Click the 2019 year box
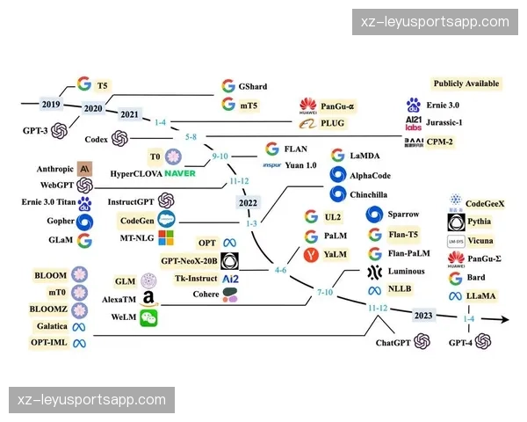click(x=50, y=103)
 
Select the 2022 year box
click(x=249, y=203)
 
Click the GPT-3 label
click(x=34, y=131)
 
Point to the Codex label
click(x=96, y=139)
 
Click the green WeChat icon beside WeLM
click(x=148, y=318)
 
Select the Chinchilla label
click(x=373, y=193)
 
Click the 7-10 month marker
click(x=325, y=291)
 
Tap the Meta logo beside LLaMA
click(x=456, y=296)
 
